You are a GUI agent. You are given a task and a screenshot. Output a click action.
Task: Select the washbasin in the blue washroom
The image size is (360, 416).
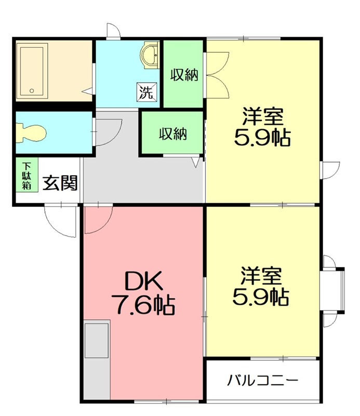tap(151, 56)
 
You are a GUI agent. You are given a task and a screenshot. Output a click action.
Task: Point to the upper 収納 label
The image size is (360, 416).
tap(184, 75)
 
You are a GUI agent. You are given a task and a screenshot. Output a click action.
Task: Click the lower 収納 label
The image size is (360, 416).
tap(172, 134)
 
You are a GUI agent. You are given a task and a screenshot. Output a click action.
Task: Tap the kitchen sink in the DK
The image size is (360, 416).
tap(97, 340)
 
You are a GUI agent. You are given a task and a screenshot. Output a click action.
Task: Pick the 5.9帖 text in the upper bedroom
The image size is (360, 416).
tap(263, 139)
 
